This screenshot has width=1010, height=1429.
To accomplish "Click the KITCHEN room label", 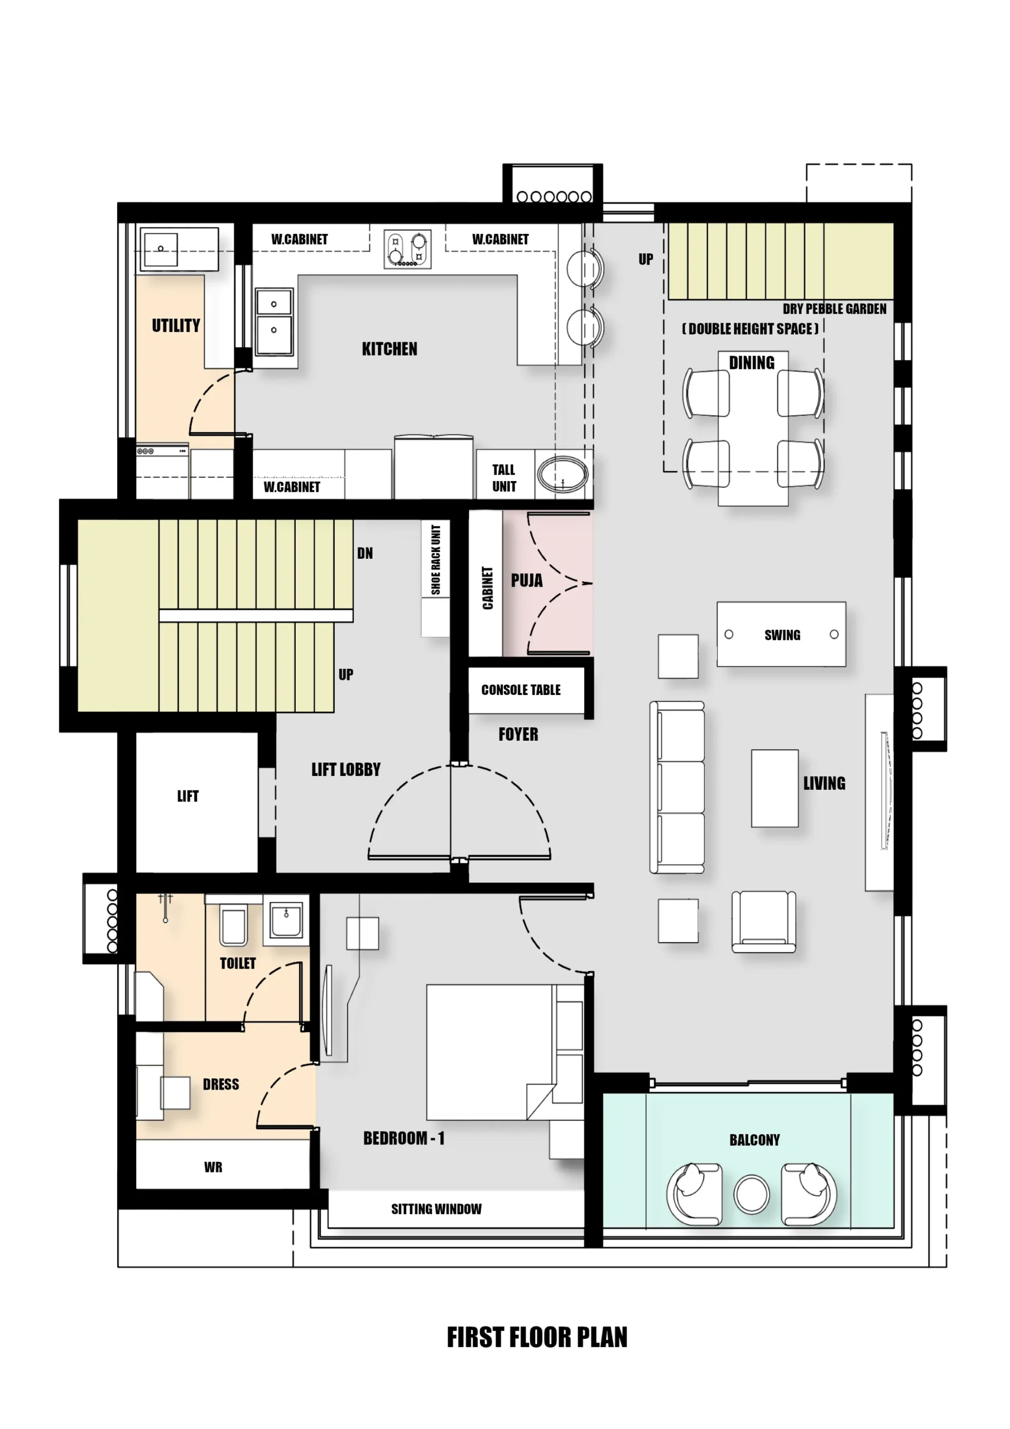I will coord(389,349).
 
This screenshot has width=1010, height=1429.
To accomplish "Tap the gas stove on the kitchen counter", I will coord(407,249).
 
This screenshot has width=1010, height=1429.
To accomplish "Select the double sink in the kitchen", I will coord(275,322).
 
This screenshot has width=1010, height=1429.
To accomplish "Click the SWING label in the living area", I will coord(782,635).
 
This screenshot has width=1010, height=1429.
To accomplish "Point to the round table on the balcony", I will coord(751,1194).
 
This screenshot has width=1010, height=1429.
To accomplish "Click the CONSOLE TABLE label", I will coord(521,689).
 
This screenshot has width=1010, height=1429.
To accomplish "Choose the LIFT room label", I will coord(188,796).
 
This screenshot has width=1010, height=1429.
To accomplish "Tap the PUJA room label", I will coord(526,581).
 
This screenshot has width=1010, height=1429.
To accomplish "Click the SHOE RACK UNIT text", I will coord(436,559).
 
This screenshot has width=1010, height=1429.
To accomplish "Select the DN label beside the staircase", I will coord(365,553).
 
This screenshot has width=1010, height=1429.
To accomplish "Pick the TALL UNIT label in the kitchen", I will coord(504,478).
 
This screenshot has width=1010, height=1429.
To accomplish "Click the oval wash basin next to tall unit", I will coord(562,475).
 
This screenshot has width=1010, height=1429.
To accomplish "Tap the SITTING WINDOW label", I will coord(436,1209).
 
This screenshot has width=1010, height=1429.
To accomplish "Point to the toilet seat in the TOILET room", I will coord(233,927).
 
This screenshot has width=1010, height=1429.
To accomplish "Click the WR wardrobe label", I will coord(213,1167).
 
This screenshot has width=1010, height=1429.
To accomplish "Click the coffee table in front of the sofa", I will coord(774,788).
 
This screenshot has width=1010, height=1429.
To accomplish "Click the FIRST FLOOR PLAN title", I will coord(537,1337).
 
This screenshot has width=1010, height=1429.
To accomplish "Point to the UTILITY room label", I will coord(176,325).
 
